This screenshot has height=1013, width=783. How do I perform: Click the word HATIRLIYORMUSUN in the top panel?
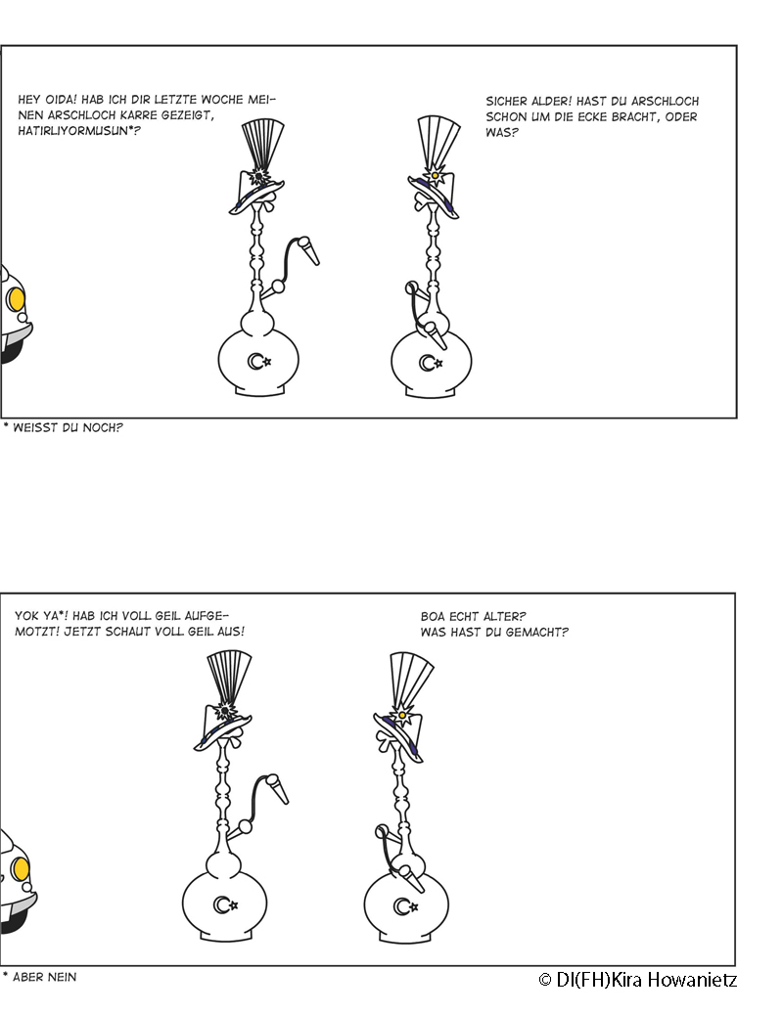pyautogui.click(x=72, y=131)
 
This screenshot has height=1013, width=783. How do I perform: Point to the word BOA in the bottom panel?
pyautogui.click(x=433, y=616)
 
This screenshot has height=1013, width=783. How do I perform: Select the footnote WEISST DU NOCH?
pyautogui.click(x=68, y=427)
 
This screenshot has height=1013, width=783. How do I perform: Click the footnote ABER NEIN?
pyautogui.click(x=45, y=977)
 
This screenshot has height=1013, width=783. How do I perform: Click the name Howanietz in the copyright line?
pyautogui.click(x=692, y=980)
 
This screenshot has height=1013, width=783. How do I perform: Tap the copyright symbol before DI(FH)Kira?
pyautogui.click(x=545, y=981)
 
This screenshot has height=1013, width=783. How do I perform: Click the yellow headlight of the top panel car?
pyautogui.click(x=17, y=299)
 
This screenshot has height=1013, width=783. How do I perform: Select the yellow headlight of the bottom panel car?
pyautogui.click(x=21, y=868)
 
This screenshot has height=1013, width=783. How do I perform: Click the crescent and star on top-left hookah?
pyautogui.click(x=259, y=361)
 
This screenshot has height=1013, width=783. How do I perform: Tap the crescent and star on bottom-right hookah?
pyautogui.click(x=405, y=907)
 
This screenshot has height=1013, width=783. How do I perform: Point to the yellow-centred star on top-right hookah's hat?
pyautogui.click(x=436, y=175)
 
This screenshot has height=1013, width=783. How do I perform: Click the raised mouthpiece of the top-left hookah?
pyautogui.click(x=308, y=250)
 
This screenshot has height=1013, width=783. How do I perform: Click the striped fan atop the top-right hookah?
pyautogui.click(x=438, y=143)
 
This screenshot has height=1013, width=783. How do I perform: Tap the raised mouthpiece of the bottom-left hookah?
pyautogui.click(x=277, y=789)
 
